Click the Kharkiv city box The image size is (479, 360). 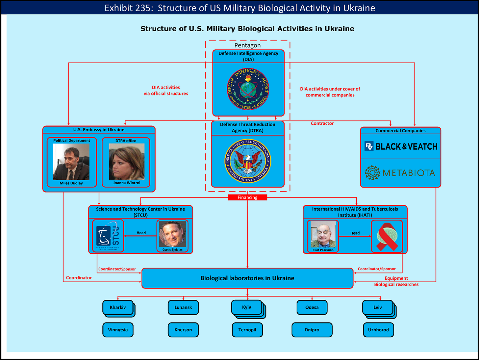click(x=118, y=307)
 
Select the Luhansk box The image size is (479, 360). click(x=183, y=307)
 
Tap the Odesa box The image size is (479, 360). click(x=312, y=307)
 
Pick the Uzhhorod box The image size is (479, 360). click(x=378, y=330)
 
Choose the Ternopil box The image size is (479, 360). click(x=247, y=330)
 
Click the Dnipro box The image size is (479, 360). click(x=312, y=330)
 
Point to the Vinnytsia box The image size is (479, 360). click(x=118, y=330)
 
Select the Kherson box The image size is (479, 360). click(x=183, y=330)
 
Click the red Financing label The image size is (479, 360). click(x=247, y=197)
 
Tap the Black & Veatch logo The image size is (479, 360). click(x=401, y=146)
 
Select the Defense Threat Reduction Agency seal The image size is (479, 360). click(x=248, y=161)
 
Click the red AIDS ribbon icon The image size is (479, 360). click(x=387, y=236)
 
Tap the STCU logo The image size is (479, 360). click(x=108, y=236)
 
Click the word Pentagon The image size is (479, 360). click(x=247, y=45)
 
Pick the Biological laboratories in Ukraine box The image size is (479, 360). click(x=247, y=278)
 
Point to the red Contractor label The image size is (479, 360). click(x=322, y=123)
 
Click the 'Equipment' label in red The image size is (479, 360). click(x=396, y=278)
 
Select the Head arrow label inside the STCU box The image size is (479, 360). click(x=141, y=233)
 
